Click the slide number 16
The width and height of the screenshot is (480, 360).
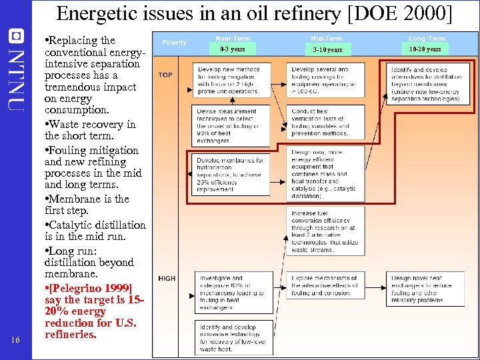coord(16,340)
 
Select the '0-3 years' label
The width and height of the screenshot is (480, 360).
coord(232,49)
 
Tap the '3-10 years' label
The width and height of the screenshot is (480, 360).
coord(327,49)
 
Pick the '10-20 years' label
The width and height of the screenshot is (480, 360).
coord(425,49)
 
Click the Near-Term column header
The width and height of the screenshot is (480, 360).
coord(232,39)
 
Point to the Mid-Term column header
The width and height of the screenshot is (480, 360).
coord(327,39)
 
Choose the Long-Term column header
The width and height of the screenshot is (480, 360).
coord(426,39)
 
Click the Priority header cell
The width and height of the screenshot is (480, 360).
coord(175,43)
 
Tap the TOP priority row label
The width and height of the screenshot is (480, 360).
coord(165,75)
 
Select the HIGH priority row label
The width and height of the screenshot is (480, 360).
coord(167,278)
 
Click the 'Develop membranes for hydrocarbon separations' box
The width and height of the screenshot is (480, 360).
coord(231,175)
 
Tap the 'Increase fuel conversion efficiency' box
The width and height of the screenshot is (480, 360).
coord(326,230)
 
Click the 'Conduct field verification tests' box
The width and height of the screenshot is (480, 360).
coord(326,122)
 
